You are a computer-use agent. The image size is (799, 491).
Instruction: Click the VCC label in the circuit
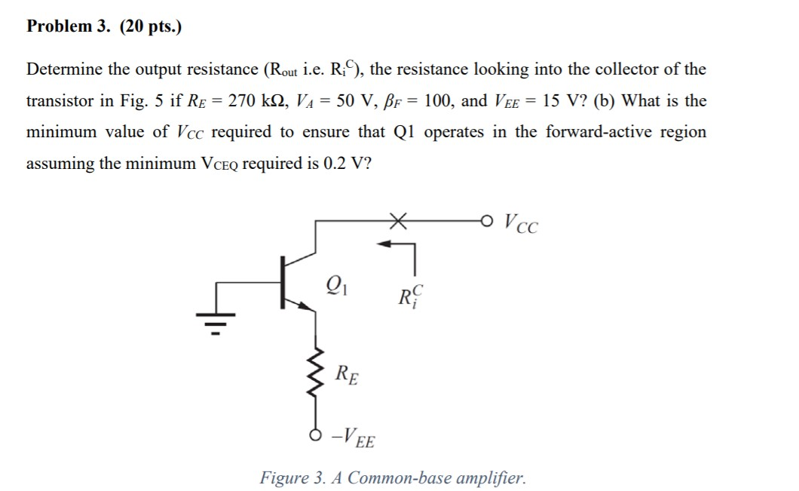coord(522,222)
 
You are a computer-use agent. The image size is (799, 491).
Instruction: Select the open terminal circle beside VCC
coord(489,221)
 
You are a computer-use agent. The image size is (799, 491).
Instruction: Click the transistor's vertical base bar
coord(284,284)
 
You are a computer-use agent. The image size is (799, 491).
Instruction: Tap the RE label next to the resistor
coord(347,373)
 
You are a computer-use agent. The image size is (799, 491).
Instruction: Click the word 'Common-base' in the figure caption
coord(393,477)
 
